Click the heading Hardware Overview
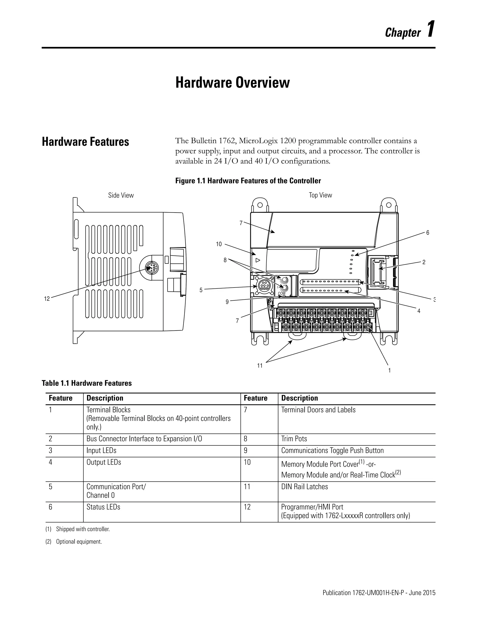click(x=232, y=82)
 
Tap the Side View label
click(x=121, y=195)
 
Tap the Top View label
click(x=320, y=195)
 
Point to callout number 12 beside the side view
click(x=47, y=299)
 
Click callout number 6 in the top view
click(x=428, y=233)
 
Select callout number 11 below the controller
click(x=260, y=366)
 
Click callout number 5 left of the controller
click(x=201, y=290)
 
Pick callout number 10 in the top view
click(x=219, y=244)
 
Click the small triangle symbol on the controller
click(x=258, y=260)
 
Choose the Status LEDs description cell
click(x=103, y=507)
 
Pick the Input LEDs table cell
click(x=101, y=451)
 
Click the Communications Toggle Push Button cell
click(x=332, y=451)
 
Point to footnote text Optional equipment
click(x=79, y=542)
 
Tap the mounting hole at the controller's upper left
click(x=260, y=205)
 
